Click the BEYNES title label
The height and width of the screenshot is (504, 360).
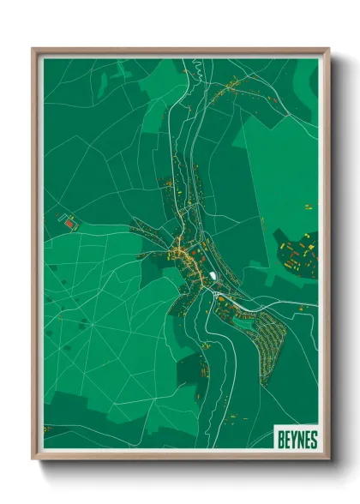pyautogui.click(x=297, y=440)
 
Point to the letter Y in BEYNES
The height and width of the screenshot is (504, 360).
pyautogui.click(x=293, y=440)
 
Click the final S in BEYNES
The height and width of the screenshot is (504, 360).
pyautogui.click(x=314, y=440)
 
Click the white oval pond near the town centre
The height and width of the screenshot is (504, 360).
pyautogui.click(x=211, y=276)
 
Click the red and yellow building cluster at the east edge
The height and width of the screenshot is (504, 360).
pyautogui.click(x=298, y=255)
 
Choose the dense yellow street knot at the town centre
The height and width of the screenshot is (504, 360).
pyautogui.click(x=182, y=250)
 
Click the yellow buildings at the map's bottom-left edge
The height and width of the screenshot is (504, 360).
pyautogui.click(x=48, y=428)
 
